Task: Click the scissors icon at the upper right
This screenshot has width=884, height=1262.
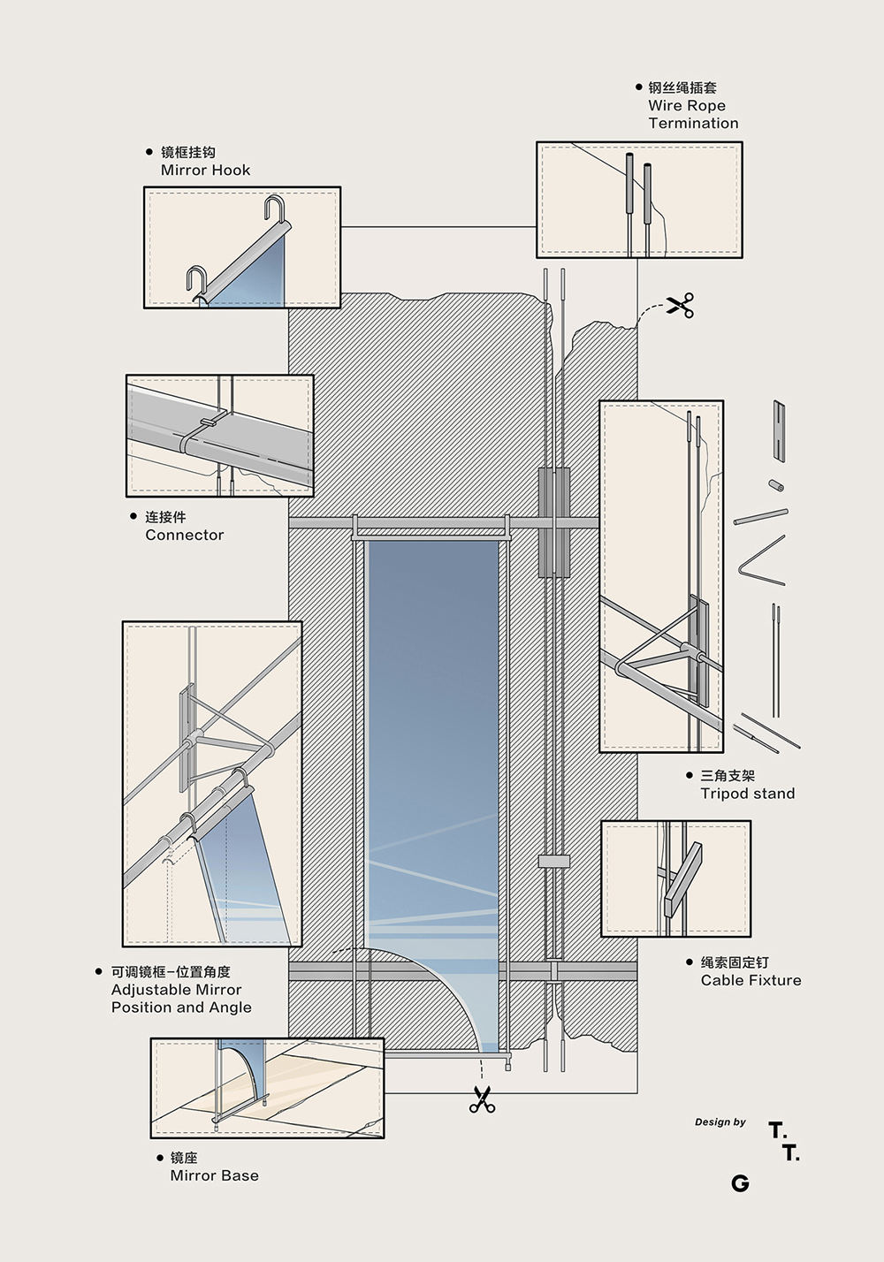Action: (680, 305)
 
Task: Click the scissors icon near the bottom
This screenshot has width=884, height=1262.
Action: (482, 1099)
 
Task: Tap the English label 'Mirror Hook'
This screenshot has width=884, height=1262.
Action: (205, 170)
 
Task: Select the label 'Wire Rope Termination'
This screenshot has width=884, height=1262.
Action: (692, 114)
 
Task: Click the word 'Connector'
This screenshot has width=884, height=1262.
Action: (185, 535)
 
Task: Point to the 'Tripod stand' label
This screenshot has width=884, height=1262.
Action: (747, 794)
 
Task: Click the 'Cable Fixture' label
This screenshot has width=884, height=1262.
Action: (751, 980)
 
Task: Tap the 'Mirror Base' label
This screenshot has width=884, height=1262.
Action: (214, 1175)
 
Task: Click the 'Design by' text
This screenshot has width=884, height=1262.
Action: (720, 1122)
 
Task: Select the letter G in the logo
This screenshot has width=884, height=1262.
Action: (740, 1183)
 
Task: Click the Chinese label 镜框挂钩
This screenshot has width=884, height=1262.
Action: (187, 152)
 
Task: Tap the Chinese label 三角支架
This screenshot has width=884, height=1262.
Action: (728, 776)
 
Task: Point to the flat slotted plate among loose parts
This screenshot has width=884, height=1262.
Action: (779, 430)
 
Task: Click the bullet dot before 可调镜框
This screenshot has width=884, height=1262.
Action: (99, 972)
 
